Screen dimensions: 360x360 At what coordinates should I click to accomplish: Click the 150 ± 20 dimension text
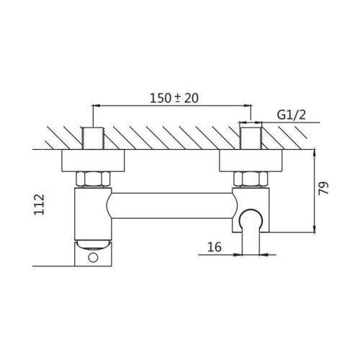[x=174, y=98]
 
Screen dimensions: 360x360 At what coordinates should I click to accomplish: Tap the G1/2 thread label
[x=292, y=114]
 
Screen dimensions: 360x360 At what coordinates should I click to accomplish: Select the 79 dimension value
[x=323, y=189]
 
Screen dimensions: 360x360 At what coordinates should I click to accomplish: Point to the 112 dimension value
[x=39, y=204]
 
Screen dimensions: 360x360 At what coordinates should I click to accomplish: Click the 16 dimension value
[x=215, y=247]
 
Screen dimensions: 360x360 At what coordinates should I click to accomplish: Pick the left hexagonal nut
[x=93, y=179]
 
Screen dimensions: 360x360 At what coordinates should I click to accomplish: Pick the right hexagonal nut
[x=251, y=179]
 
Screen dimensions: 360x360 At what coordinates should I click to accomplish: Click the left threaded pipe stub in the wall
[x=93, y=138]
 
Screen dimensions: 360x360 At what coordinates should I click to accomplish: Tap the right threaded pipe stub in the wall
[x=251, y=138]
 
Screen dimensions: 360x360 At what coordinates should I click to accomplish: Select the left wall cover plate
[x=93, y=161]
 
